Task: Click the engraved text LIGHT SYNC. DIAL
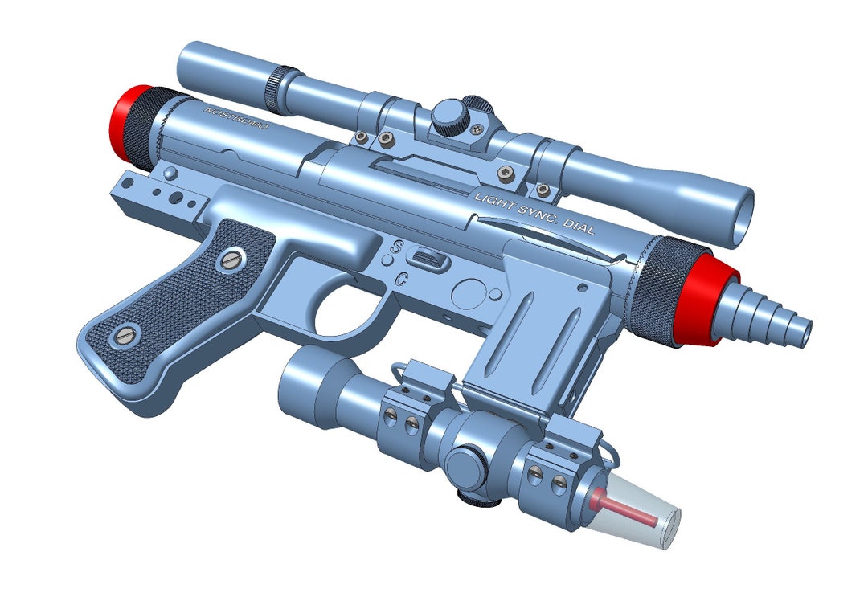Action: click(534, 212)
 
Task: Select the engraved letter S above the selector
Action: click(396, 244)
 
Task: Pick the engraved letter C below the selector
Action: click(401, 279)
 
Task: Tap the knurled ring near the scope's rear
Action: click(277, 90)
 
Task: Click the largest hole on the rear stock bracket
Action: click(170, 174)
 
